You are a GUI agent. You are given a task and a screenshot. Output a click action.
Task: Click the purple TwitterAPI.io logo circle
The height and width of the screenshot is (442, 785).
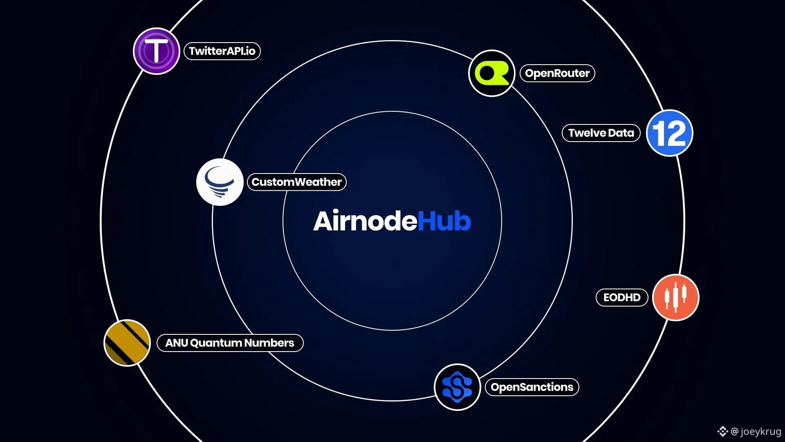tap(157, 51)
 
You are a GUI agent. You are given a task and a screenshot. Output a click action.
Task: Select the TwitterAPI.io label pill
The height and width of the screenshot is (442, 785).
tap(222, 51)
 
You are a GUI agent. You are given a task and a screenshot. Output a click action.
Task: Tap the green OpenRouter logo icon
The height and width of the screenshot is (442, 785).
tap(491, 73)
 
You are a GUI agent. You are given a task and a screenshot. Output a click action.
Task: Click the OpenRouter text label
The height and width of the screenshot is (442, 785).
tap(557, 73)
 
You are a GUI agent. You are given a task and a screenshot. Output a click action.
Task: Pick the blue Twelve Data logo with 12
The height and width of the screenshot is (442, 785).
tap(670, 133)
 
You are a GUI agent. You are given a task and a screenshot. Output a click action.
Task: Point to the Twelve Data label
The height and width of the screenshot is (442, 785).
tap(601, 133)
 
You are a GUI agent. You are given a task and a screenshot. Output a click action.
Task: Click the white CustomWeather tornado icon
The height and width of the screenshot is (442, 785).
tap(220, 182)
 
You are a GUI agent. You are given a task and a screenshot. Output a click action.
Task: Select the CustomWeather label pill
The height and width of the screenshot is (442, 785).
tap(297, 182)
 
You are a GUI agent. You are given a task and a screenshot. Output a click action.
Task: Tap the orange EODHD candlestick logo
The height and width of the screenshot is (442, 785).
tap(676, 298)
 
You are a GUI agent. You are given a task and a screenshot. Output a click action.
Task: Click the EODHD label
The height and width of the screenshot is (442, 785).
tap(622, 298)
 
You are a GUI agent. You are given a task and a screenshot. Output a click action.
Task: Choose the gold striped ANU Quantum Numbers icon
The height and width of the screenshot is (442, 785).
tap(127, 343)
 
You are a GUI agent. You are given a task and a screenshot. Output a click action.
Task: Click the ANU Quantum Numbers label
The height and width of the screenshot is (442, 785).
tap(230, 343)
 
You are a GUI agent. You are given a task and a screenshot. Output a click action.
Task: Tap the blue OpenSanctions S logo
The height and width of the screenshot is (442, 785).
tap(457, 387)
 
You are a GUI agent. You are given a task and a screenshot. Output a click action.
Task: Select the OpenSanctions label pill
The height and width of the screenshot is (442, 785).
tap(532, 387)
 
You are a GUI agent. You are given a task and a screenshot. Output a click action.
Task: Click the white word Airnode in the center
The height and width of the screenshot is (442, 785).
tap(365, 221)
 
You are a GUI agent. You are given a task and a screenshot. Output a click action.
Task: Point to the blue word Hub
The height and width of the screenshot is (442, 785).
tap(444, 221)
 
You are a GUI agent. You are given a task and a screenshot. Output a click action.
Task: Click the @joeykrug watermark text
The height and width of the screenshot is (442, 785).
tap(756, 431)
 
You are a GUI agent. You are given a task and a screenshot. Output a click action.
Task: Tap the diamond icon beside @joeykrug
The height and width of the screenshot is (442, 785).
tap(722, 431)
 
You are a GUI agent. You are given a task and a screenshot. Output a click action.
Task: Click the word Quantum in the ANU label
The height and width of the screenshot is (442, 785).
tap(216, 343)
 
